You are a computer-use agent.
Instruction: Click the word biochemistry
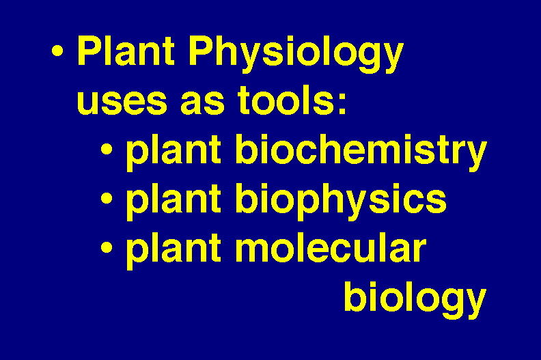click(361, 152)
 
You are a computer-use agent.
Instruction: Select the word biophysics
click(341, 202)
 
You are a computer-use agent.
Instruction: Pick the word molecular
click(331, 247)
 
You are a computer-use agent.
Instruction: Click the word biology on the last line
click(415, 299)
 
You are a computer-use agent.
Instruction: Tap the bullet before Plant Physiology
click(57, 51)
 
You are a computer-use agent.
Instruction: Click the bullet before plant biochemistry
click(107, 150)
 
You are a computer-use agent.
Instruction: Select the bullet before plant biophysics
click(107, 199)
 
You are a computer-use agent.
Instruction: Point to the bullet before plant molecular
click(107, 247)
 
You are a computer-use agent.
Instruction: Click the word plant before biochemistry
click(174, 152)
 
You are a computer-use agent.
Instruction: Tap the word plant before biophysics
click(174, 202)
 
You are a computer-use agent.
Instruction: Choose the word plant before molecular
click(174, 251)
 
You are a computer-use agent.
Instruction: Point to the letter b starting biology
click(355, 296)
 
